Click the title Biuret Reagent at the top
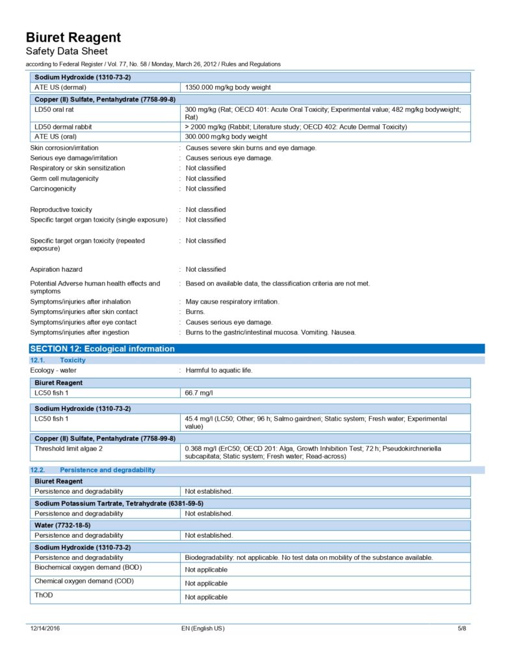(73, 37)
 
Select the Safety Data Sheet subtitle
(67, 51)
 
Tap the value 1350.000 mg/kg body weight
(228, 87)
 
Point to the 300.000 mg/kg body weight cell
(226, 137)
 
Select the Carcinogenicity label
(53, 189)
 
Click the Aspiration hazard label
(57, 269)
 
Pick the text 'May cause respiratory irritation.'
(233, 302)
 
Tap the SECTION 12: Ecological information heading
(103, 349)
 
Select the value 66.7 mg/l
(199, 393)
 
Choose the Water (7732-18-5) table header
(62, 525)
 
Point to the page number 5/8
(462, 629)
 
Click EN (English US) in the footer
(203, 629)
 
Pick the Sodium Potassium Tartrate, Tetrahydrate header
(119, 503)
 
